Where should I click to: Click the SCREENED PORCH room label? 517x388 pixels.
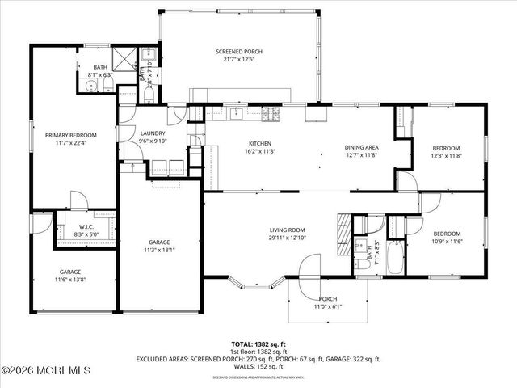point(238,52)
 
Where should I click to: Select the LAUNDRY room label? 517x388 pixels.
point(152,133)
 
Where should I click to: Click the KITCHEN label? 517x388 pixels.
point(258,142)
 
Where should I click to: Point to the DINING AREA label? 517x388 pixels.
point(362,147)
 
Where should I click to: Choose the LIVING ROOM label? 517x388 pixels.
point(288,230)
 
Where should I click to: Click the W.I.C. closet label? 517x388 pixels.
point(86,226)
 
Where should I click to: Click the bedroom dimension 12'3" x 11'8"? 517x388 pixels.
point(446,156)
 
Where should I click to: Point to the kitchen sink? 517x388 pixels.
point(237,112)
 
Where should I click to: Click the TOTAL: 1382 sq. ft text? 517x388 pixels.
point(259,344)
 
